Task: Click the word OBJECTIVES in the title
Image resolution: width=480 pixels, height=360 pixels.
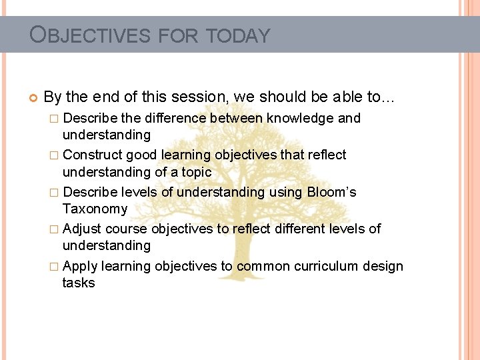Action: (90, 35)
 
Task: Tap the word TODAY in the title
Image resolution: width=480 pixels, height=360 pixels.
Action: (238, 35)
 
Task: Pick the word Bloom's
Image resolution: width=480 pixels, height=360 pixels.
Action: (331, 193)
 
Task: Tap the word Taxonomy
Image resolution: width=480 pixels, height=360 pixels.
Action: (95, 209)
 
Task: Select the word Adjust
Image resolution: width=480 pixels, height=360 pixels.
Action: (81, 229)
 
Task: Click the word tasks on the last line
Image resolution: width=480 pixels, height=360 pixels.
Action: (79, 283)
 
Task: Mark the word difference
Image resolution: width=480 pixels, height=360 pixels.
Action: (175, 119)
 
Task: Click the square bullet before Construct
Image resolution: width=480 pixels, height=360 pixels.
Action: (55, 155)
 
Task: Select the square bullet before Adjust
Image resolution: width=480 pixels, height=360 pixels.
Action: (55, 229)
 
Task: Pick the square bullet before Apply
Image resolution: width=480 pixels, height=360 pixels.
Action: (55, 267)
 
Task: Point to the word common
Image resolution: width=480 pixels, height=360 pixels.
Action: (263, 267)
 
